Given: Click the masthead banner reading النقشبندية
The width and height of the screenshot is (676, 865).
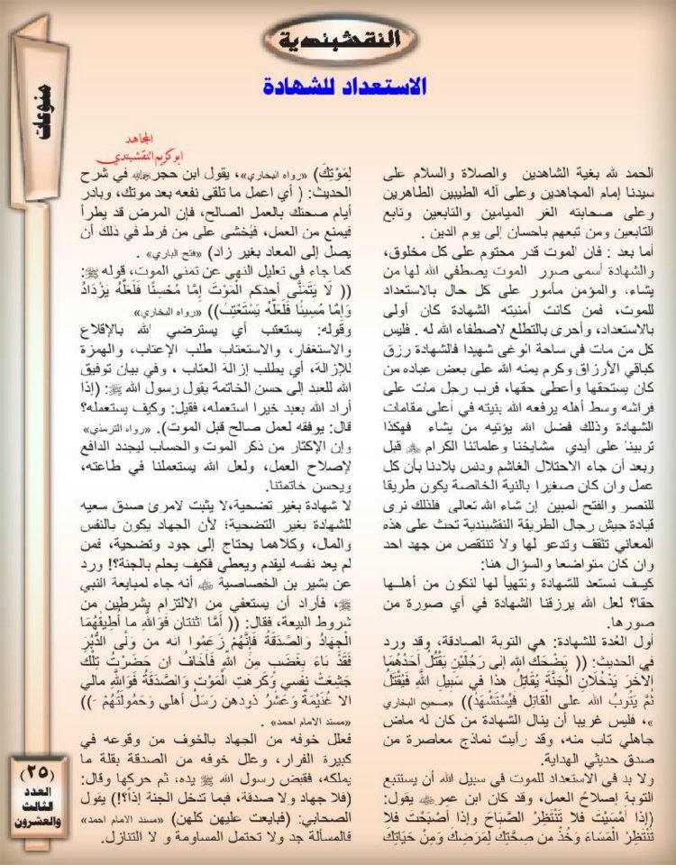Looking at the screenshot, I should [335, 40].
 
